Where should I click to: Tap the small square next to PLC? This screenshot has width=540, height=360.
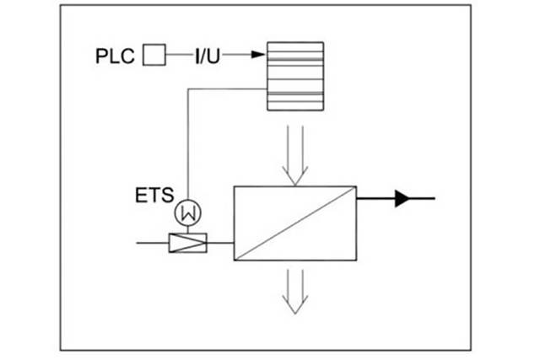(154, 56)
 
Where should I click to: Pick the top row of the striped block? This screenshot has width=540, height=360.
(294, 47)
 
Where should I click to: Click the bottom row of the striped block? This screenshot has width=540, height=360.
(294, 105)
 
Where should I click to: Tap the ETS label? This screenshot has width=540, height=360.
(154, 196)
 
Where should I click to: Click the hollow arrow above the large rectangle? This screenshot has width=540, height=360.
(294, 156)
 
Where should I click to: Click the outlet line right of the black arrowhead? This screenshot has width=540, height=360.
(424, 198)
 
